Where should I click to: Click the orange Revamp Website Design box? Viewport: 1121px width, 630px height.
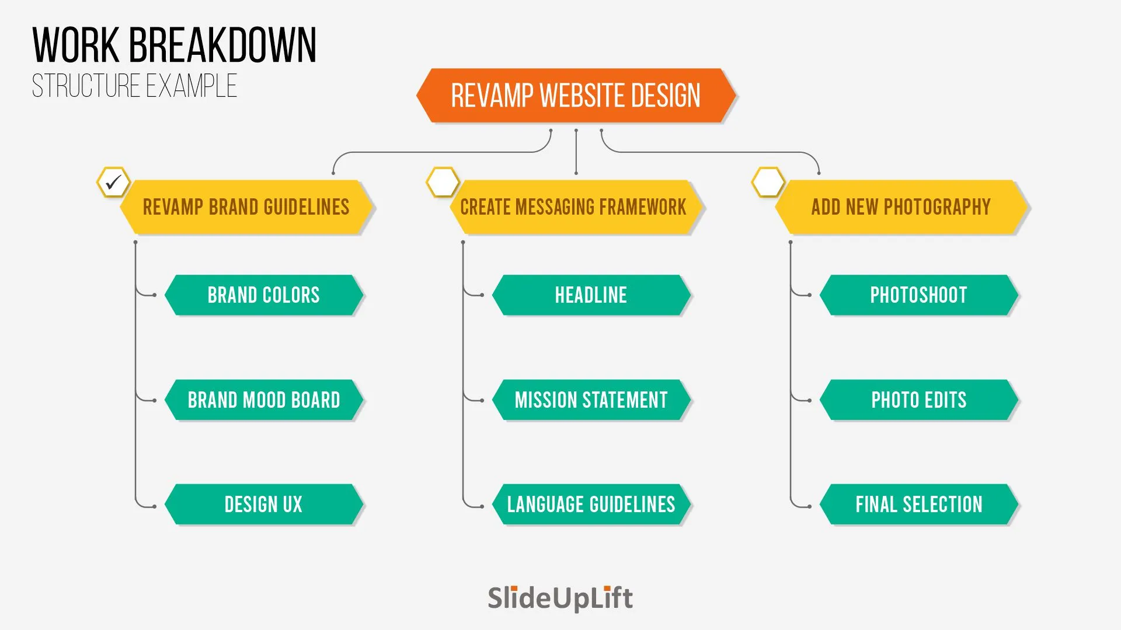pyautogui.click(x=576, y=96)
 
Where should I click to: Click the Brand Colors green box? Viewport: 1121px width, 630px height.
pyautogui.click(x=264, y=295)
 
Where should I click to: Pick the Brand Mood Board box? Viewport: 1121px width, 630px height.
pyautogui.click(x=264, y=400)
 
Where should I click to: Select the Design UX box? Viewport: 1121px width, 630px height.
pyautogui.click(x=264, y=505)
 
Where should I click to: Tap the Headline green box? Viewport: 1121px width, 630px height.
pyautogui.click(x=591, y=295)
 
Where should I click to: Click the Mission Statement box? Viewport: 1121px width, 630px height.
pyautogui.click(x=591, y=400)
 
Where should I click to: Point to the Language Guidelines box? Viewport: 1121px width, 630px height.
pyautogui.click(x=591, y=505)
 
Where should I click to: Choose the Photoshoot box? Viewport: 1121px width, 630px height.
pyautogui.click(x=919, y=295)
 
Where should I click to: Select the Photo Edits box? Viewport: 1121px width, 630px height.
pyautogui.click(x=919, y=400)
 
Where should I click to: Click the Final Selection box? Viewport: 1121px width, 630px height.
pyautogui.click(x=919, y=505)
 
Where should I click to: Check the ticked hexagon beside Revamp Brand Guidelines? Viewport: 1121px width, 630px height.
pyautogui.click(x=113, y=182)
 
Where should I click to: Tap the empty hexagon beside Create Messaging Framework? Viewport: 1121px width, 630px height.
pyautogui.click(x=443, y=182)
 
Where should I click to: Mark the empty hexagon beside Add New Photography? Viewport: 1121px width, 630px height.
pyautogui.click(x=768, y=182)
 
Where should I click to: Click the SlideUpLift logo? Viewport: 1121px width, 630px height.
pyautogui.click(x=560, y=598)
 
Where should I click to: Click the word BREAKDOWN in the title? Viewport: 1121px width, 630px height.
pyautogui.click(x=222, y=45)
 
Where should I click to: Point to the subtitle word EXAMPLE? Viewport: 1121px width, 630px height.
pyautogui.click(x=192, y=86)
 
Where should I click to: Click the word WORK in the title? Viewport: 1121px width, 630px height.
pyautogui.click(x=76, y=45)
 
